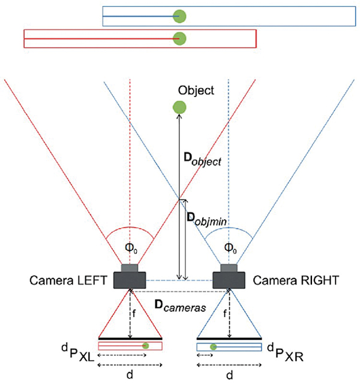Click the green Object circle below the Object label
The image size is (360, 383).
178,107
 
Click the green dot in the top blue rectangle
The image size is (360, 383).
178,16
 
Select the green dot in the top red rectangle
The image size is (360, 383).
178,38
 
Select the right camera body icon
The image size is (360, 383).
229,277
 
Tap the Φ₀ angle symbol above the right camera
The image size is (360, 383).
229,247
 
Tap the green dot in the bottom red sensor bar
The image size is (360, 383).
145,346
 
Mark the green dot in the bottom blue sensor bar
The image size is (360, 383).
213,346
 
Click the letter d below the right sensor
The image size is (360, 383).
229,375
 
